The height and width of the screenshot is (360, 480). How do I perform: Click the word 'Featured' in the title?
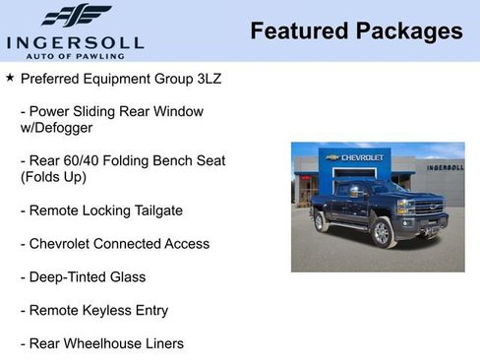[x=294, y=31]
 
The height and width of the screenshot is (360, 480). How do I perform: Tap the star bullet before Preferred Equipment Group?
[x=10, y=76]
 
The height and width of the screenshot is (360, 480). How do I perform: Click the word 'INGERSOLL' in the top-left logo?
[x=75, y=42]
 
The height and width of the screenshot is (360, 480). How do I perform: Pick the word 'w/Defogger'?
[x=56, y=128]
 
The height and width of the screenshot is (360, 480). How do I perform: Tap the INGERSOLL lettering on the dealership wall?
[x=445, y=167]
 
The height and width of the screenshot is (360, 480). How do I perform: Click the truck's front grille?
[x=431, y=209]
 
